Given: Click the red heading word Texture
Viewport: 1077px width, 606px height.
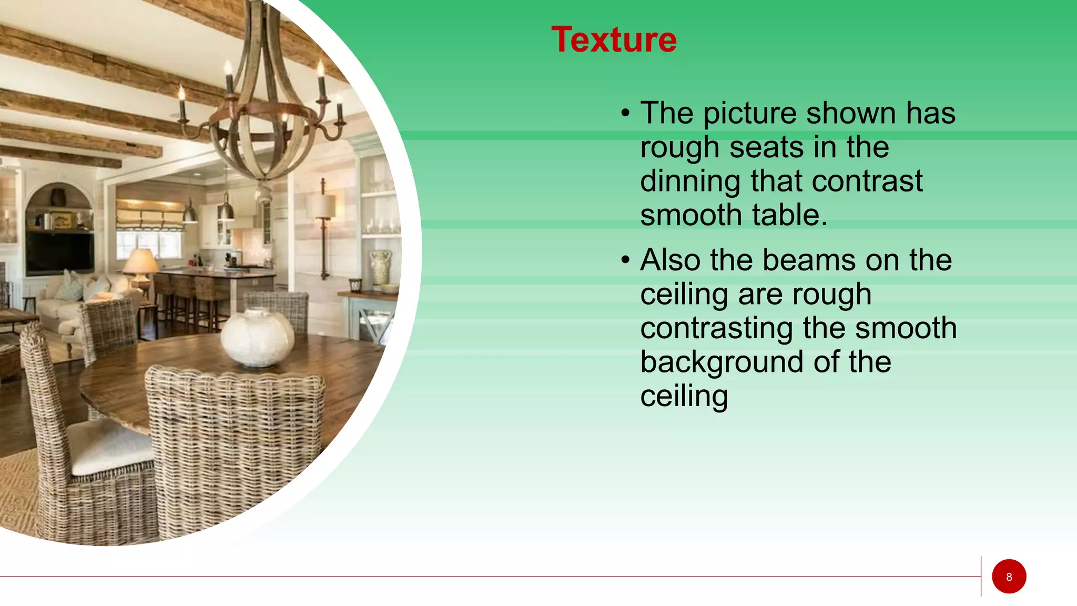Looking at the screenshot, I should [x=614, y=40].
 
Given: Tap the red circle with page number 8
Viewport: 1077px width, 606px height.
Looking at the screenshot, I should [x=1009, y=577].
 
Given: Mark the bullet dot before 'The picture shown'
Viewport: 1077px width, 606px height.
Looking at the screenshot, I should [x=625, y=114].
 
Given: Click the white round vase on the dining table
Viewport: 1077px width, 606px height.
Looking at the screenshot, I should [x=257, y=338].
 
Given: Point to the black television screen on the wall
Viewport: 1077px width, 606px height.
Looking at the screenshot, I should [x=60, y=252].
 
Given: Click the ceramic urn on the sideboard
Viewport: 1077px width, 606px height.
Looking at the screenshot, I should [x=381, y=268].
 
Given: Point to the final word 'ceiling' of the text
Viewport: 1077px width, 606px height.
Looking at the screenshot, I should [x=684, y=396].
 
